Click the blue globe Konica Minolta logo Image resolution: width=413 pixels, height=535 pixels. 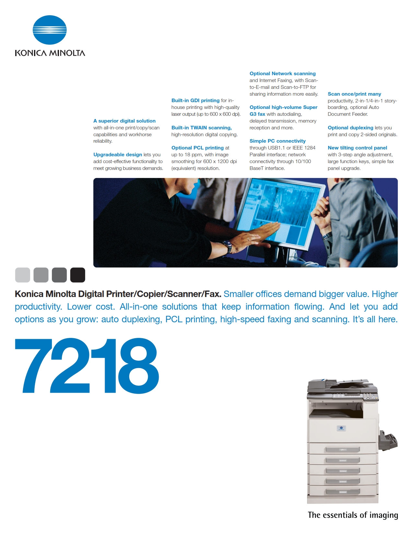click(x=50, y=30)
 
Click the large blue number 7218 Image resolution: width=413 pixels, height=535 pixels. click(x=86, y=366)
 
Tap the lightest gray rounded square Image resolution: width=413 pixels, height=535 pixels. click(x=23, y=275)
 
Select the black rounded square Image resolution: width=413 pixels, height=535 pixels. click(x=78, y=275)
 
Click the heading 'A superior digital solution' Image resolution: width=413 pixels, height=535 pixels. click(x=124, y=121)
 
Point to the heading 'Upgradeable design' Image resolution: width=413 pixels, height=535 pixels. click(x=118, y=155)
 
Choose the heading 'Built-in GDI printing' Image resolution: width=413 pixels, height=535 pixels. click(x=195, y=101)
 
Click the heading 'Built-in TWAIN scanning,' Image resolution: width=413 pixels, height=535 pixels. click(x=201, y=127)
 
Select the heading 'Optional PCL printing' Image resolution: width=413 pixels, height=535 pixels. click(x=198, y=148)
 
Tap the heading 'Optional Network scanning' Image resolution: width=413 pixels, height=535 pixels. click(x=282, y=73)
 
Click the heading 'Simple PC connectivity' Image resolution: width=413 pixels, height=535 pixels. click(x=278, y=141)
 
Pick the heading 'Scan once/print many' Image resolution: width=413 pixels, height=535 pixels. click(x=354, y=94)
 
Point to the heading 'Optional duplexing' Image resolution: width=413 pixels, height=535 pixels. click(x=350, y=127)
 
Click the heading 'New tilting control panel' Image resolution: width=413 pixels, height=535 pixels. click(x=357, y=148)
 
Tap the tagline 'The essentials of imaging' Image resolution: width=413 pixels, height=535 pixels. click(x=353, y=515)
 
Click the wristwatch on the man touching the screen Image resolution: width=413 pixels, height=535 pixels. click(x=228, y=246)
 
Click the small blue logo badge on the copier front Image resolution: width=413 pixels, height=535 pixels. click(x=341, y=428)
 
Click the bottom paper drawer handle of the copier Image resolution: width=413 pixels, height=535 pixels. click(x=343, y=492)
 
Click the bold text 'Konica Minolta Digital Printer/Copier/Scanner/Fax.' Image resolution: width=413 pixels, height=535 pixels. click(x=118, y=294)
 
